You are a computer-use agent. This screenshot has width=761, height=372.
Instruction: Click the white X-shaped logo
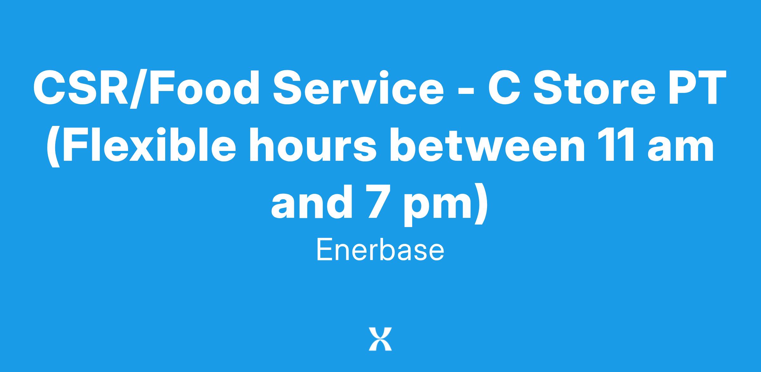[x=380, y=339]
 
